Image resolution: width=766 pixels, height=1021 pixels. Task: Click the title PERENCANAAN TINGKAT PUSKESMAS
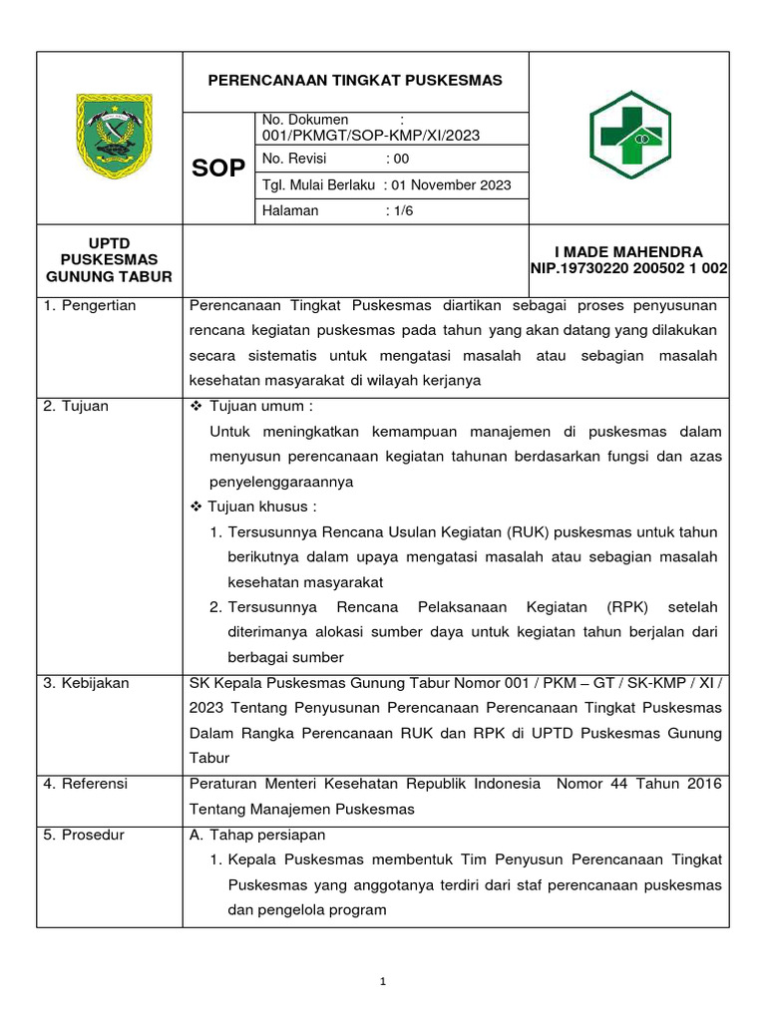point(354,80)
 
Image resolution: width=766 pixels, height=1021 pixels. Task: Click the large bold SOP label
point(218,168)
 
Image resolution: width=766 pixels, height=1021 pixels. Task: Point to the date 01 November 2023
point(451,185)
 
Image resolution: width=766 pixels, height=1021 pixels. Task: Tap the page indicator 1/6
point(401,211)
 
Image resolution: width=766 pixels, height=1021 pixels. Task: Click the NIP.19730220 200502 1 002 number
point(628,268)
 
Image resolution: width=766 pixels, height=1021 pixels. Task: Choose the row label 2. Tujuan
point(76,407)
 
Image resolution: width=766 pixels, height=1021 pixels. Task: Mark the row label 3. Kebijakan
point(86,683)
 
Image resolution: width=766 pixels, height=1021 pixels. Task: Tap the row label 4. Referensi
point(86,784)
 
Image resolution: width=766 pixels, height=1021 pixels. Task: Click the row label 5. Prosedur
point(84,835)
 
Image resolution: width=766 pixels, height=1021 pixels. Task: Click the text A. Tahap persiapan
point(257,835)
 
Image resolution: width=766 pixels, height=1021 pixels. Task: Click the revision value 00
point(401,159)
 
